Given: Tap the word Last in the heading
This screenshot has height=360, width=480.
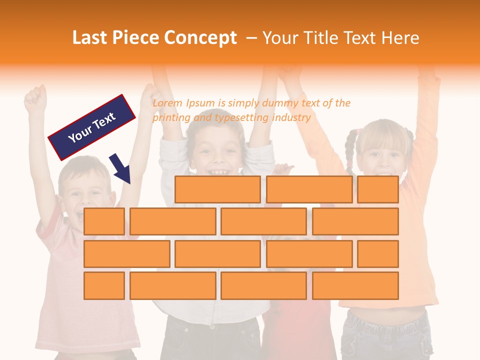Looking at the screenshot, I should click(x=90, y=38).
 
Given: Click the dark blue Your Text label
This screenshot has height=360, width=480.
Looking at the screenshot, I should click(x=92, y=127).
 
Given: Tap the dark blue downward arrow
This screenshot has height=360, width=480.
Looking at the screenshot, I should click(x=120, y=169).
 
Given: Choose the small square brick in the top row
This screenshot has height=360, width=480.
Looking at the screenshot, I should click(x=377, y=189).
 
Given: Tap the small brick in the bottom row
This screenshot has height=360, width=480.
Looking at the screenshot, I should click(x=104, y=285).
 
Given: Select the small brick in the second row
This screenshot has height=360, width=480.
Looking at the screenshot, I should click(x=104, y=221).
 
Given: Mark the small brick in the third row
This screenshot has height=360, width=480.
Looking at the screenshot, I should click(x=377, y=253).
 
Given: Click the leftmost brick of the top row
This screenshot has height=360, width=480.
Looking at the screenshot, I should click(x=217, y=189).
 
